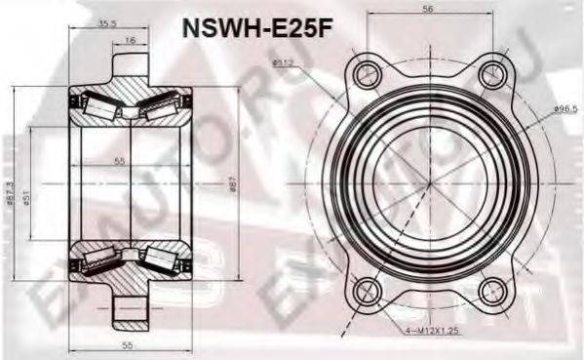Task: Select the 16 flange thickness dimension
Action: point(130,42)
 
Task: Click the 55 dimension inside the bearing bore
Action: point(119,160)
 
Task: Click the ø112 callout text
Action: point(283,65)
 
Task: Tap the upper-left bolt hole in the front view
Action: point(366,72)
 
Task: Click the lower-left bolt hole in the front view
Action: point(366,289)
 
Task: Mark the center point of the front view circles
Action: point(430,180)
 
